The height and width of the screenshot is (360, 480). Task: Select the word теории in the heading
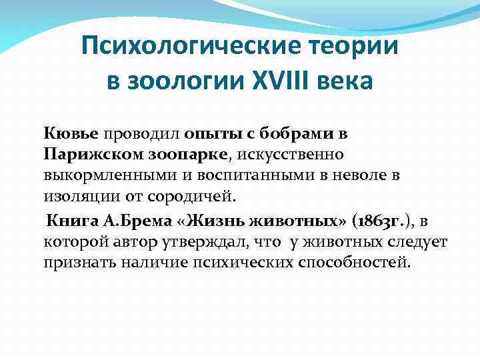[349, 47]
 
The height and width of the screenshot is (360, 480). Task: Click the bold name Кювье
[71, 133]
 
